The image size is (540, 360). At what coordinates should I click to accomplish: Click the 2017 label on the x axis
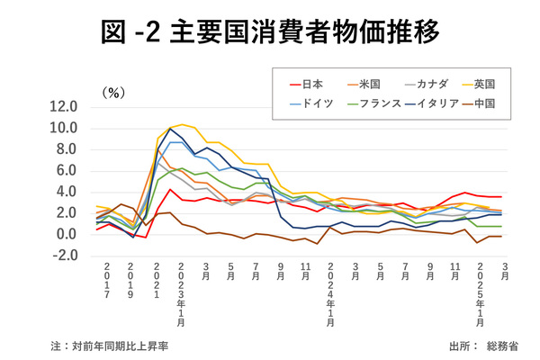point(106,280)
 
